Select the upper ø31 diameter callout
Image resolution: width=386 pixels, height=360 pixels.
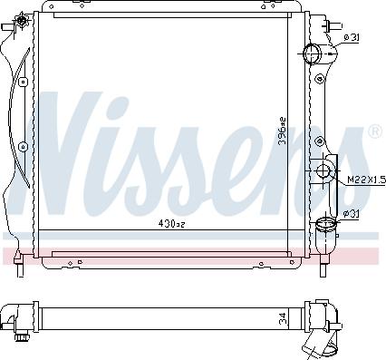point(352,37)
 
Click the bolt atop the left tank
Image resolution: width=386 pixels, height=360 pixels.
point(12,28)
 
